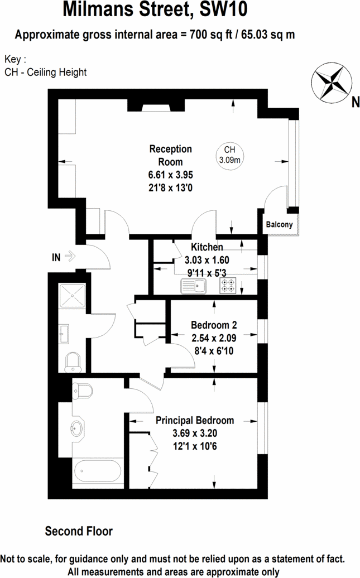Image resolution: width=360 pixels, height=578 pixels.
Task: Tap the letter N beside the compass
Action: point(355,102)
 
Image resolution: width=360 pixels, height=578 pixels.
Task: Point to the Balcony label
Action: point(279,225)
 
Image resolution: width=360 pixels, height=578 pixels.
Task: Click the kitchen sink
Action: point(194,286)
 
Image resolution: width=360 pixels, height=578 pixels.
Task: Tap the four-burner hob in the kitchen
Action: point(228,286)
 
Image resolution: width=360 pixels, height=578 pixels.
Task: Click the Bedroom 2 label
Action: point(214,325)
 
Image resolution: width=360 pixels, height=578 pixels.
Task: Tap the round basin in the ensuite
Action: point(77,429)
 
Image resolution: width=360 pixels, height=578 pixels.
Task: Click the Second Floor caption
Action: point(79,531)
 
